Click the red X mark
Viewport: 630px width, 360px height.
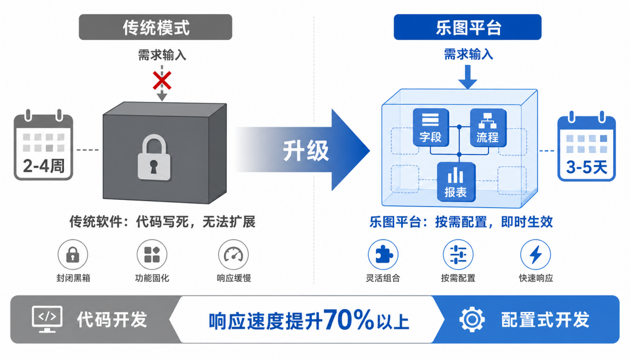(162, 80)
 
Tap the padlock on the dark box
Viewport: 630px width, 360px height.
(154, 157)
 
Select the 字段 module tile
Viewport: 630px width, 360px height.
(430, 128)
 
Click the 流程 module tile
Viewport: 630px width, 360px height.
(488, 128)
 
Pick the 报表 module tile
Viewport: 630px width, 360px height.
(456, 182)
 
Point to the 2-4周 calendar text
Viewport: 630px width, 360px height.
(44, 166)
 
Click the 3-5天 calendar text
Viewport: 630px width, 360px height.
(586, 167)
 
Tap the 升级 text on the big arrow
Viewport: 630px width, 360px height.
(306, 151)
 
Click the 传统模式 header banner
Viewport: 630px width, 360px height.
(155, 27)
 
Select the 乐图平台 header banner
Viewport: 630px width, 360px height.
(468, 27)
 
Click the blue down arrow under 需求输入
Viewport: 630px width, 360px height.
(468, 77)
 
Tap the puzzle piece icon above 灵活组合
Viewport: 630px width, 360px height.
(383, 254)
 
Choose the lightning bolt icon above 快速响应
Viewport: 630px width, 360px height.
(536, 255)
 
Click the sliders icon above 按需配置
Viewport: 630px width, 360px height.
(458, 255)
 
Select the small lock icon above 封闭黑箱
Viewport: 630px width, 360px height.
(73, 255)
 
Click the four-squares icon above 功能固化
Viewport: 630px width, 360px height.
(152, 255)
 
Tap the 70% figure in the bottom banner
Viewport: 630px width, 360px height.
(349, 319)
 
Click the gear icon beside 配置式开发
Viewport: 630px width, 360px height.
(472, 319)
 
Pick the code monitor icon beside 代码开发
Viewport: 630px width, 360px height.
(47, 319)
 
